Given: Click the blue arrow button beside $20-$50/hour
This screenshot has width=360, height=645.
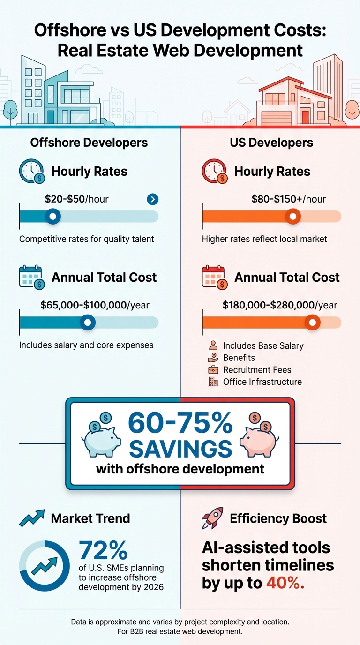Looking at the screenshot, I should pyautogui.click(x=152, y=199).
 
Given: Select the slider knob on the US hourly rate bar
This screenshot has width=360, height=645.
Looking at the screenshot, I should pyautogui.click(x=293, y=216).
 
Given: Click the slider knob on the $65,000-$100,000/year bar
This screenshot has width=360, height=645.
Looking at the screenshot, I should pyautogui.click(x=88, y=322).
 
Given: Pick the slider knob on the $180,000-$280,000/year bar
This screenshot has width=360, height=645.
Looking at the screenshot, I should pyautogui.click(x=312, y=322).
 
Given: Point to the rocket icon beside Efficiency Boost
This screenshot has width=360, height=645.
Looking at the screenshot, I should pyautogui.click(x=212, y=518).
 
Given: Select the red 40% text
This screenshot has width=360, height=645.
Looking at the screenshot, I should pyautogui.click(x=285, y=582).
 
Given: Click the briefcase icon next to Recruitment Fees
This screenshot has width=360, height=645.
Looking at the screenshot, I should pyautogui.click(x=213, y=370).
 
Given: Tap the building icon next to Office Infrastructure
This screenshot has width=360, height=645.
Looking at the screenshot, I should pyautogui.click(x=213, y=382).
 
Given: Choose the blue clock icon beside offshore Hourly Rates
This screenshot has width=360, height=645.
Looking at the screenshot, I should pyautogui.click(x=31, y=172).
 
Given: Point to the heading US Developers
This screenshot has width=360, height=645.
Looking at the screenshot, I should pyautogui.click(x=271, y=142).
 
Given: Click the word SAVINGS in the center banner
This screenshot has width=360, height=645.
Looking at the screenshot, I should pyautogui.click(x=180, y=448).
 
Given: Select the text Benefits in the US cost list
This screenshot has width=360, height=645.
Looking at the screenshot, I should pyautogui.click(x=239, y=358).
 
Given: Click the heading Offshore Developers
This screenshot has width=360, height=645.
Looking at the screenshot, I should pyautogui.click(x=89, y=142).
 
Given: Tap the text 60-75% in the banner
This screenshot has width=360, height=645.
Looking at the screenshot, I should pyautogui.click(x=180, y=423).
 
